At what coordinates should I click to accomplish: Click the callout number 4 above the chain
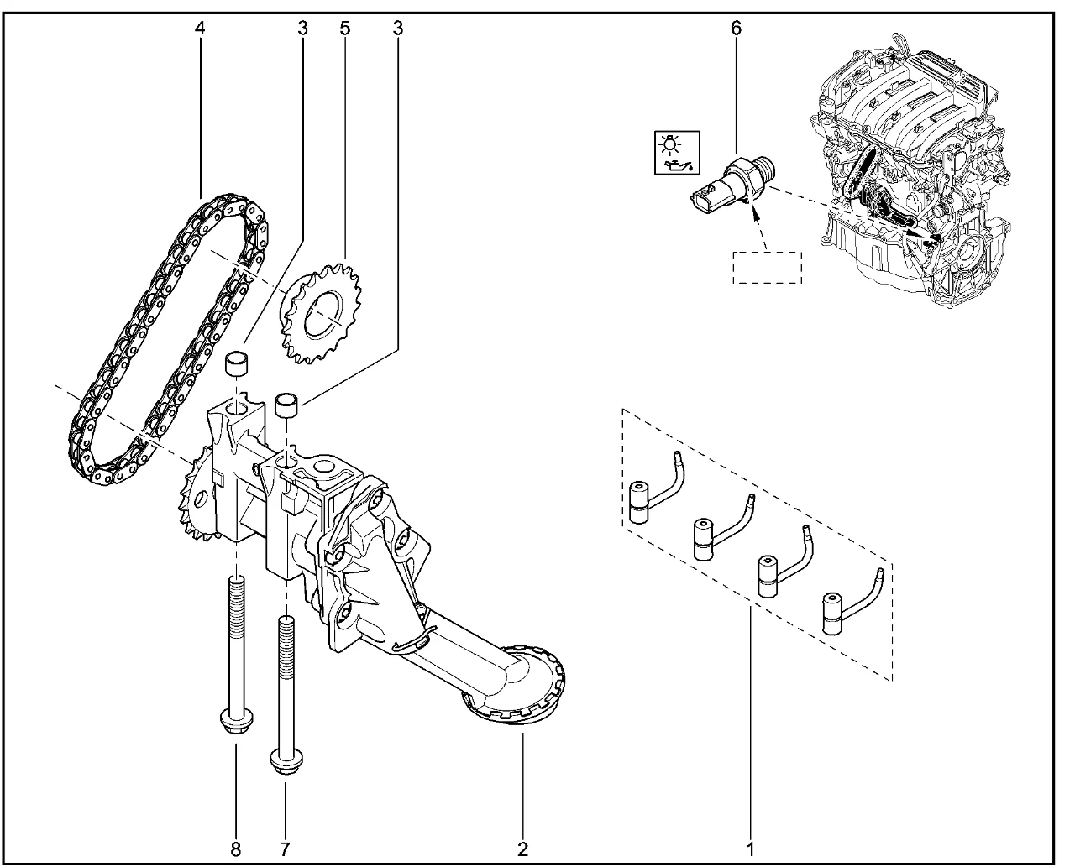(199, 29)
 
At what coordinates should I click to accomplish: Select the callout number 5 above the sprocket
(344, 29)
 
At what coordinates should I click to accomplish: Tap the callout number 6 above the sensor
(736, 29)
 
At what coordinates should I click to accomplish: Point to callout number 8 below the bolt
(236, 849)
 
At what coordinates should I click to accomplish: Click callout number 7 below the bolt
(285, 849)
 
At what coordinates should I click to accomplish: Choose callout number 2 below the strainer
(522, 849)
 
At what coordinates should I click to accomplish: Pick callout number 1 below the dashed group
(750, 849)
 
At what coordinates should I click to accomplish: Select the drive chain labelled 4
(168, 336)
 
